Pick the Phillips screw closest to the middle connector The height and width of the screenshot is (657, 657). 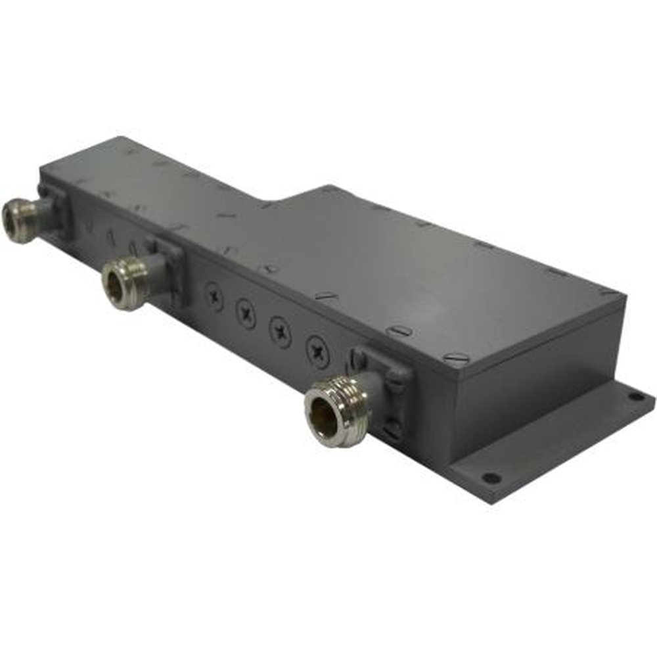(215, 296)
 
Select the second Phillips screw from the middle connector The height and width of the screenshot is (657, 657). (246, 313)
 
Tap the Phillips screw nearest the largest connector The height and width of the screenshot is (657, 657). (318, 351)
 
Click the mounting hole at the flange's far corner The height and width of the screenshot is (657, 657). (635, 397)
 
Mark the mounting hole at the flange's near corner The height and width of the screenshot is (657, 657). (490, 478)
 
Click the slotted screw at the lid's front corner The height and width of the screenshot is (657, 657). (456, 358)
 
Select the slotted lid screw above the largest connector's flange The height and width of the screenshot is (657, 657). (399, 331)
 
